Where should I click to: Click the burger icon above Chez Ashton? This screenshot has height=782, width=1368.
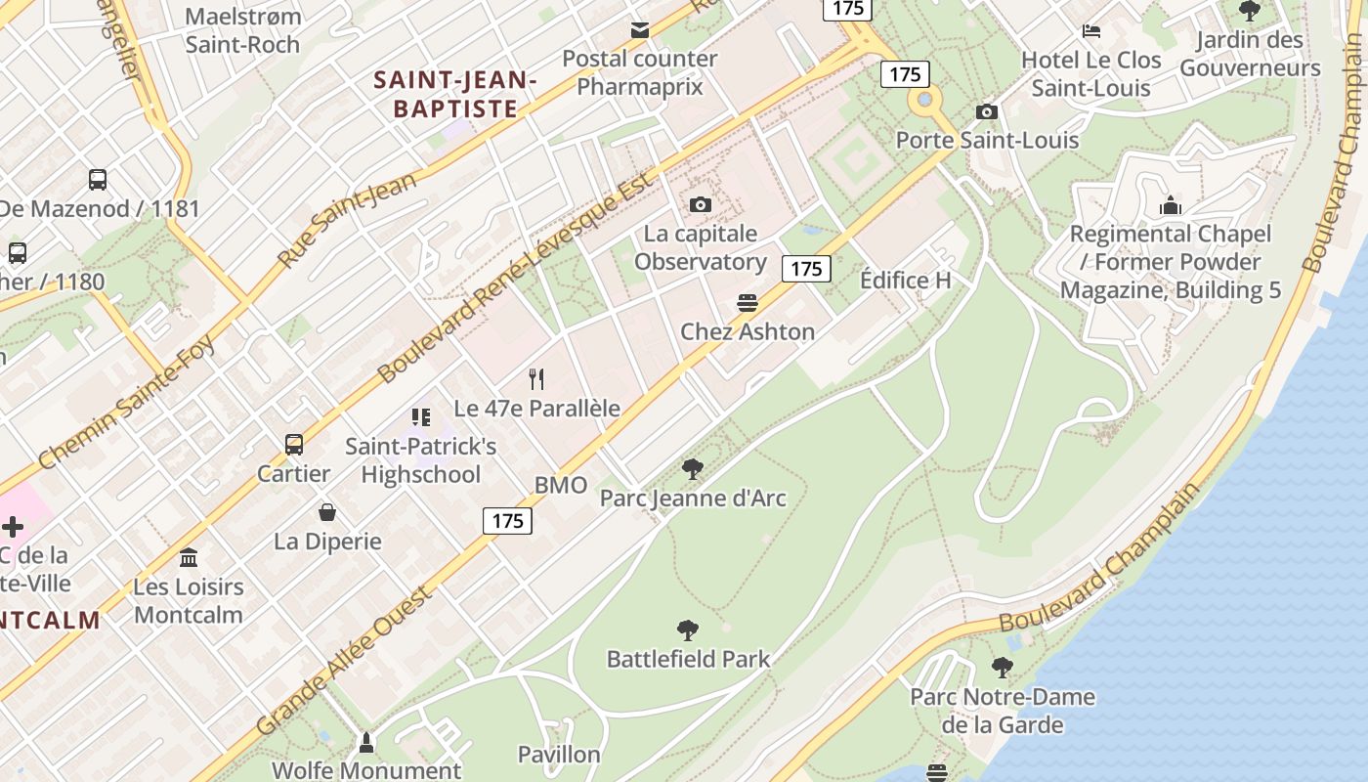click(x=748, y=303)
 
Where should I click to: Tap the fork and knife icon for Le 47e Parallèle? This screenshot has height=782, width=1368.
click(x=535, y=378)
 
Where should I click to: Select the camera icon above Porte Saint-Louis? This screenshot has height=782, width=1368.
click(x=987, y=111)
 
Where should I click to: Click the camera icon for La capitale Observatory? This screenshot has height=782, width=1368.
click(x=700, y=204)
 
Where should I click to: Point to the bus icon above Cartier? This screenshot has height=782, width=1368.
click(x=294, y=445)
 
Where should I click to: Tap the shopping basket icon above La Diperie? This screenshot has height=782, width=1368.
click(x=327, y=512)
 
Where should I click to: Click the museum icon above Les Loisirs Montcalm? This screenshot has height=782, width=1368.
click(x=189, y=557)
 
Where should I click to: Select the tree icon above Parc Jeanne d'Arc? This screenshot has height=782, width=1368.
click(x=692, y=469)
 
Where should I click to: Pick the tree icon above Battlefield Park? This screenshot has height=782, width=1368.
click(x=688, y=630)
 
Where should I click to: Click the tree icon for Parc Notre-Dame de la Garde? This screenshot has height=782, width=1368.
click(x=1002, y=669)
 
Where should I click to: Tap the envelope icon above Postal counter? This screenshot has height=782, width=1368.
click(x=640, y=30)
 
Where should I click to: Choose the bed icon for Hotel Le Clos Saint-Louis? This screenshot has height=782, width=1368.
click(x=1091, y=31)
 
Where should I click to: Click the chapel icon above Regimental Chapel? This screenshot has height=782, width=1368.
click(x=1170, y=205)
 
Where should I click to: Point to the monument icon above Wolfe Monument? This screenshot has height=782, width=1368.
click(x=366, y=743)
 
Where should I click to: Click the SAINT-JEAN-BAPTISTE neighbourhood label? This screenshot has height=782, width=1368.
click(x=455, y=94)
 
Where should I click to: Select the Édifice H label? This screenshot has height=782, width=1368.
click(x=905, y=281)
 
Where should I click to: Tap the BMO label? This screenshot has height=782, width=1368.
click(x=561, y=486)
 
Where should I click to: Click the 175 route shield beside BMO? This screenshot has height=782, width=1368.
click(x=508, y=521)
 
